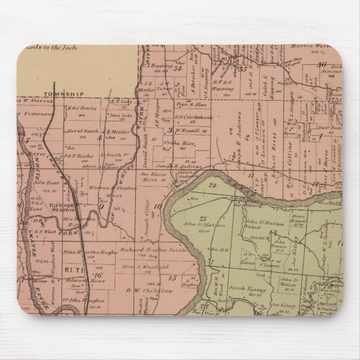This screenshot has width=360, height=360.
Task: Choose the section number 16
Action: (98, 274)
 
